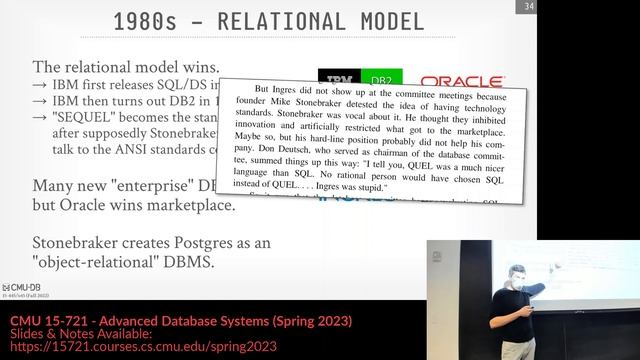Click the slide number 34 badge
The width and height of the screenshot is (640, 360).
[x=526, y=9]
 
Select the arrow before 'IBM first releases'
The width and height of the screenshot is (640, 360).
[x=41, y=84]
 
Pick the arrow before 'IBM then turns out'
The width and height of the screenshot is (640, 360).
[x=41, y=101]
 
